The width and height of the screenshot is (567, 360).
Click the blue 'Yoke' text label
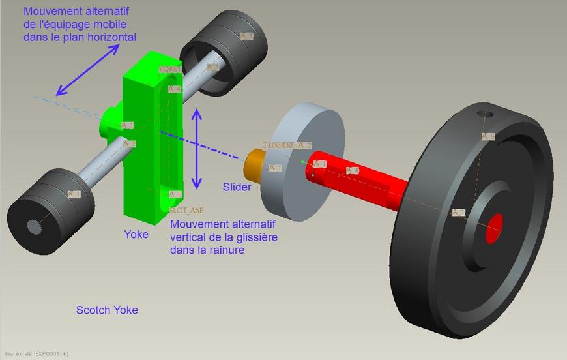(136, 234)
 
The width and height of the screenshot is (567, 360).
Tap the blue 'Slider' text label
(237, 187)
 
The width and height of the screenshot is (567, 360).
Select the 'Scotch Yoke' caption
(107, 310)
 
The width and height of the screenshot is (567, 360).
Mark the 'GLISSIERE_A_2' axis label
(287, 145)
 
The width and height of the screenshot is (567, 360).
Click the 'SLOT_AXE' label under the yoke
(186, 211)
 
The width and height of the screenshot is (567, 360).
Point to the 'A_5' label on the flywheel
(488, 136)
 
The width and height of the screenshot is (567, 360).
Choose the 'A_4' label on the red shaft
(352, 171)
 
